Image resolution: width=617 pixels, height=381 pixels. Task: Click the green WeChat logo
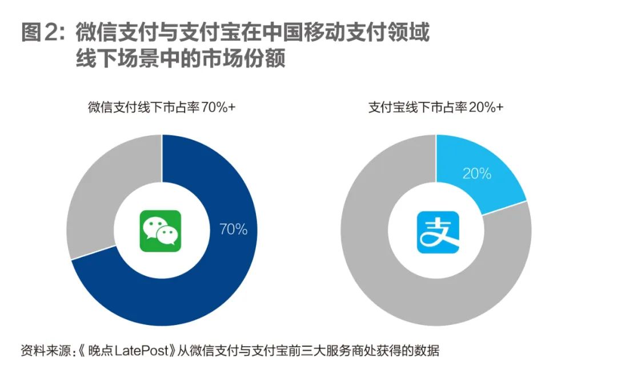point(161,231)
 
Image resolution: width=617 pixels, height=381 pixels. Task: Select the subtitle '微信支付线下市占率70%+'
point(162,108)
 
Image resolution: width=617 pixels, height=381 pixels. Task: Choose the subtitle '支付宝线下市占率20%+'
point(436,108)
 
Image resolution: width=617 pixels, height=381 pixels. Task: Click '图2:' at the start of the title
point(43,33)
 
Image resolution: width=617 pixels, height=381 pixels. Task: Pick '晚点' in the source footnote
point(101,351)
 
